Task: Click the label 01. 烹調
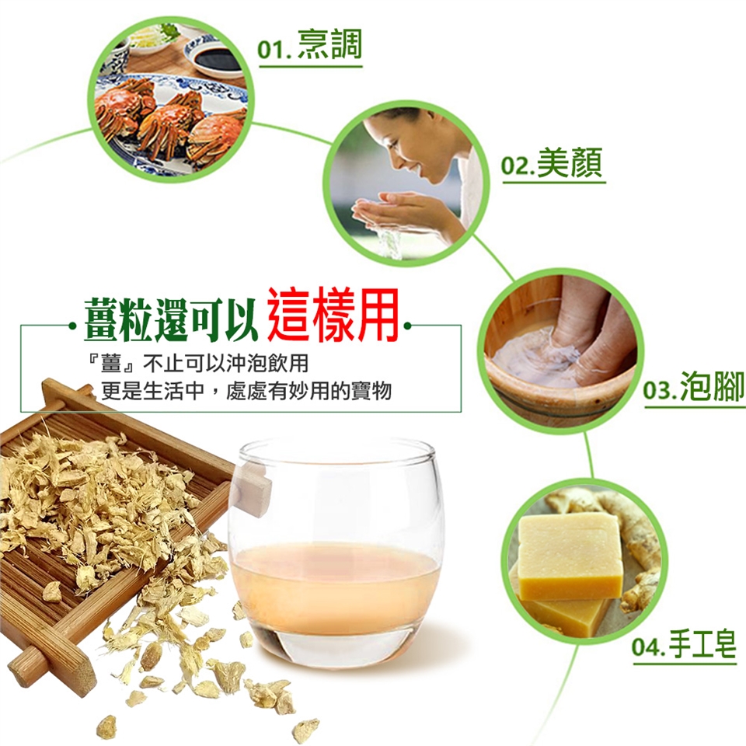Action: tap(310, 44)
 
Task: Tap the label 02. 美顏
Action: tap(552, 162)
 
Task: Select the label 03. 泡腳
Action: tap(694, 386)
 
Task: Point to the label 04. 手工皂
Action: tap(684, 643)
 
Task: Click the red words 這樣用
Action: tap(333, 314)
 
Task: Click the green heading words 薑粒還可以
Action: tap(171, 319)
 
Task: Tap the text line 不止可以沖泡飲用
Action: tap(226, 364)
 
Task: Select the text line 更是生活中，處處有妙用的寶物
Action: tap(246, 391)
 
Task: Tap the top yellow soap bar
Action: tap(569, 554)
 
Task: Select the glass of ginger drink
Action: tap(336, 552)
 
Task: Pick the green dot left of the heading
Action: tap(73, 326)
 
